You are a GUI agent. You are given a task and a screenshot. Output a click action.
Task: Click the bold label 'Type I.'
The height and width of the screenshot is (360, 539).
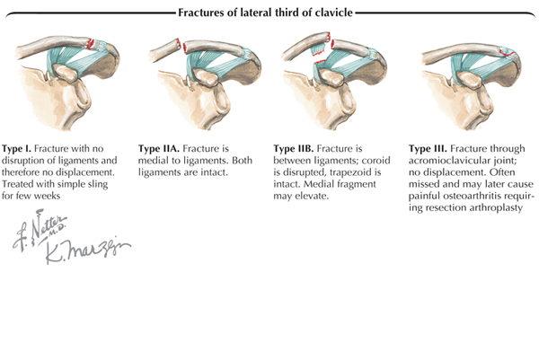pos(22,146)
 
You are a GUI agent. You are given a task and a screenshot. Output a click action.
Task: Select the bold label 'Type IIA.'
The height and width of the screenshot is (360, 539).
pos(160,146)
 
